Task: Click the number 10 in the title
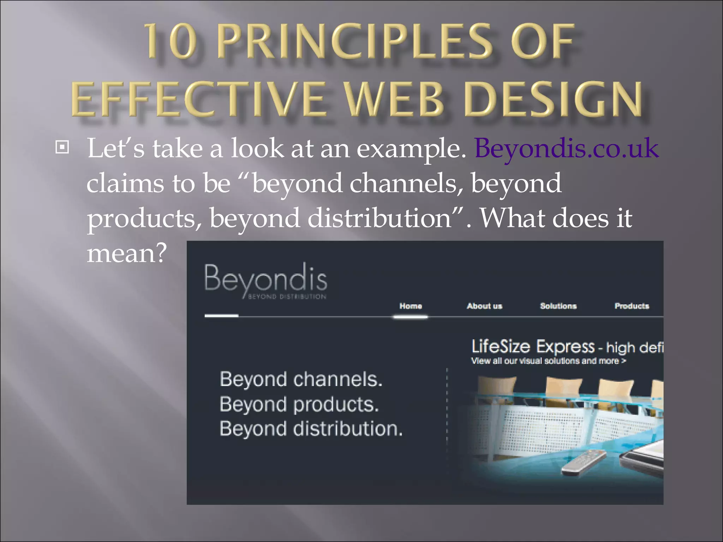click(x=171, y=42)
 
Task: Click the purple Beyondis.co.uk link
click(x=566, y=148)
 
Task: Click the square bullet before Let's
click(x=62, y=147)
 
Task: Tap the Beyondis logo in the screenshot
click(x=265, y=279)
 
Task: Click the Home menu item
click(x=411, y=306)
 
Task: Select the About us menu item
click(x=484, y=306)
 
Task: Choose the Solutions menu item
click(x=558, y=306)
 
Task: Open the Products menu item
click(x=632, y=306)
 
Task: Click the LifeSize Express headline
click(x=533, y=347)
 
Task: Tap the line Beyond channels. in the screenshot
click(x=301, y=379)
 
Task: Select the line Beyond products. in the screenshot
click(x=299, y=404)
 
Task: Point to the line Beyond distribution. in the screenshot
click(x=311, y=429)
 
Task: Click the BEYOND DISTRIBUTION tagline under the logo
click(x=287, y=297)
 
